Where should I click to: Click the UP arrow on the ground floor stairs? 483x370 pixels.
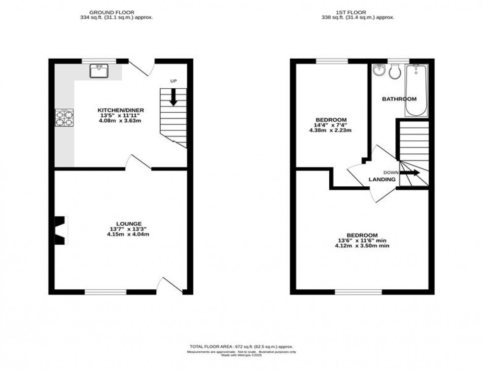point(173,97)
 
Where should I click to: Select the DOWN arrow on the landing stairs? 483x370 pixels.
point(410,172)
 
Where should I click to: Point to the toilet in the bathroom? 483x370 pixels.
point(394,72)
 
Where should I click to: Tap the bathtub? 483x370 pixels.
point(417,90)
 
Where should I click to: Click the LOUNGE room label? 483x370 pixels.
point(119,223)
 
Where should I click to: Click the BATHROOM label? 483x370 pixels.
point(399,99)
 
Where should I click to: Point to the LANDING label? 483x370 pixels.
point(382,180)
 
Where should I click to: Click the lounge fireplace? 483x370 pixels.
point(60,230)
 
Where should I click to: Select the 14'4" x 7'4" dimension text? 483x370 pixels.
point(331,125)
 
